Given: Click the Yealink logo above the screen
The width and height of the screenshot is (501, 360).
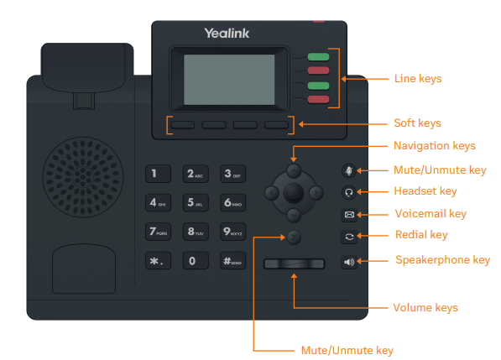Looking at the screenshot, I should click(x=226, y=34).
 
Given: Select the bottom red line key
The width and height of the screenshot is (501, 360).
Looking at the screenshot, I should click(x=318, y=100).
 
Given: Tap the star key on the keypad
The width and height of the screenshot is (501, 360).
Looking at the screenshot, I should click(x=156, y=260).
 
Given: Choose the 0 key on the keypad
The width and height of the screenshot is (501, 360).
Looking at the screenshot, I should click(x=192, y=260).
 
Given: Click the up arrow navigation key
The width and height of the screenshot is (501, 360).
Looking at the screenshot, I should click(x=292, y=170).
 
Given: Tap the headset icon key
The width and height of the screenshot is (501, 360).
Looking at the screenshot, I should click(x=349, y=192).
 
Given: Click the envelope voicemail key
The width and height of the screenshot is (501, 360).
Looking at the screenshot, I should click(x=349, y=214).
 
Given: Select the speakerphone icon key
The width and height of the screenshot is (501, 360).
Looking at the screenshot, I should click(x=349, y=263).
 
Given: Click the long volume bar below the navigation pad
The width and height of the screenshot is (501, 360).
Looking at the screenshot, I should click(x=293, y=264).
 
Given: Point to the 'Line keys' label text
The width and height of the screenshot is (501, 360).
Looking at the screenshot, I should click(x=417, y=79).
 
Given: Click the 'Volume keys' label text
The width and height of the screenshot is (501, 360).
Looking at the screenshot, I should click(x=425, y=308).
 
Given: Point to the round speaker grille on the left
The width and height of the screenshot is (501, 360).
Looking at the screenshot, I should click(x=82, y=180).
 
